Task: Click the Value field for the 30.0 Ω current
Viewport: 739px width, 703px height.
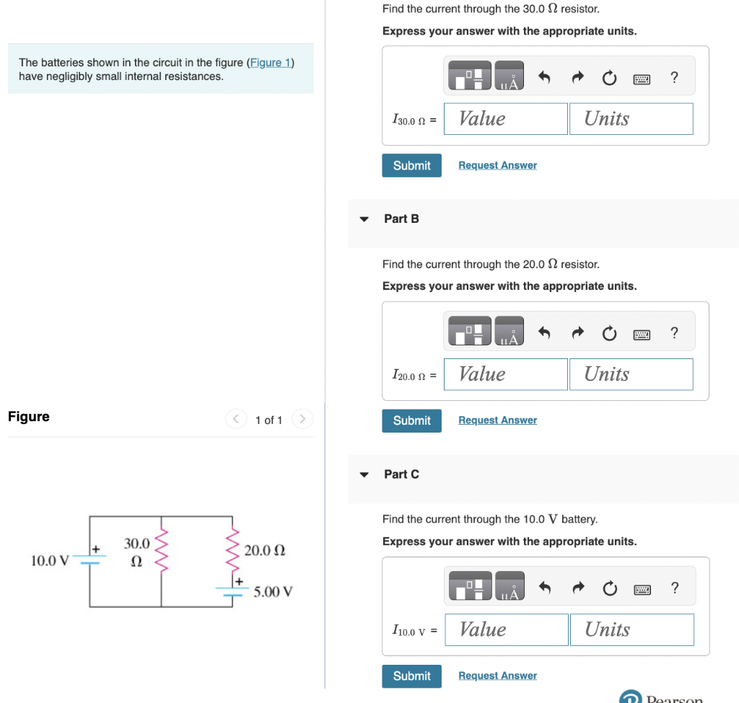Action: coord(505,119)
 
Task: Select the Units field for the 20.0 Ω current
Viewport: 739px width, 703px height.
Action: coord(631,374)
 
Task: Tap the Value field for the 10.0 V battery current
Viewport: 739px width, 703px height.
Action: coord(506,629)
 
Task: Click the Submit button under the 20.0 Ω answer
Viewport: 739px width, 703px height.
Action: coord(411,420)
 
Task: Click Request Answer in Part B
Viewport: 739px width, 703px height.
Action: coord(497,420)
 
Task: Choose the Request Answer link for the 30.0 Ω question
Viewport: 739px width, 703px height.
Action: coord(497,165)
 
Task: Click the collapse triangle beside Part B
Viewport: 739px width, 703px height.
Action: coord(364,219)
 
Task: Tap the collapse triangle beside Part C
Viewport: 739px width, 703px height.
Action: coord(364,474)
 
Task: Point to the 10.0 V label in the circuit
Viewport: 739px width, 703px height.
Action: coord(50,560)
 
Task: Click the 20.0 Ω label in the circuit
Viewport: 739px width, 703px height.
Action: coord(265,551)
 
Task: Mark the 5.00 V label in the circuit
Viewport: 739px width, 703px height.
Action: coord(273,592)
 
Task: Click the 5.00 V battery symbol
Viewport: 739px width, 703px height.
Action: coord(232,590)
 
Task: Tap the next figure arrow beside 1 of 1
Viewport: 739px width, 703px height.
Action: coord(303,418)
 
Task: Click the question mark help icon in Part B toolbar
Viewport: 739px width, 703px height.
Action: coord(674,332)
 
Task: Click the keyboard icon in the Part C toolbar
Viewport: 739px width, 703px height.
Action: coord(642,588)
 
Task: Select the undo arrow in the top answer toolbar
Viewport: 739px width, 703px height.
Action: coord(545,78)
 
